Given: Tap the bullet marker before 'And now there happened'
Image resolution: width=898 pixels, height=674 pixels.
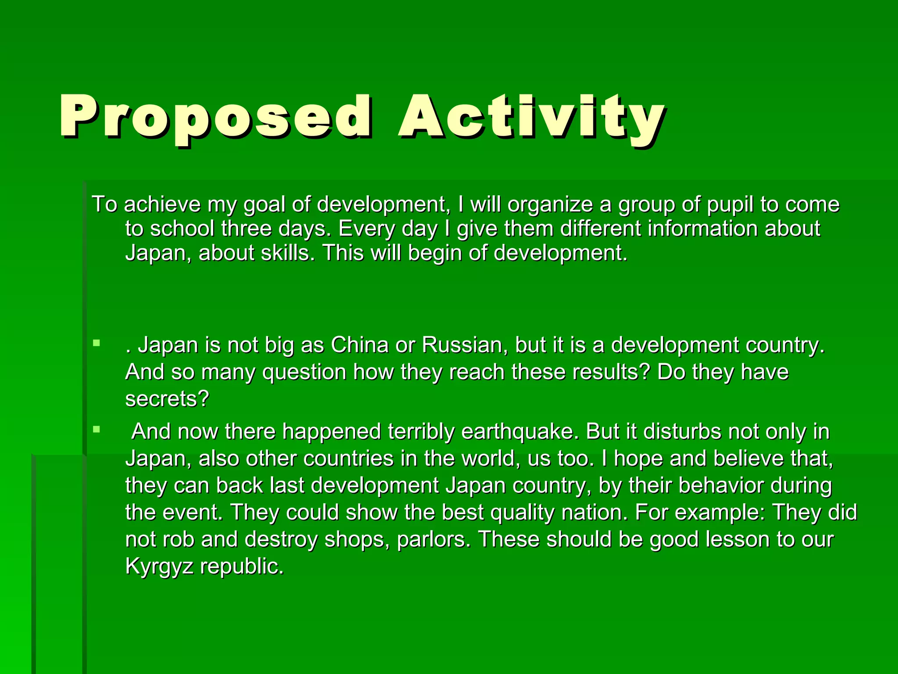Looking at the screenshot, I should pyautogui.click(x=96, y=429).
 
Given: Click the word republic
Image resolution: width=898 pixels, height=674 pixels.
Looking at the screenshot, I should pyautogui.click(x=242, y=566).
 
